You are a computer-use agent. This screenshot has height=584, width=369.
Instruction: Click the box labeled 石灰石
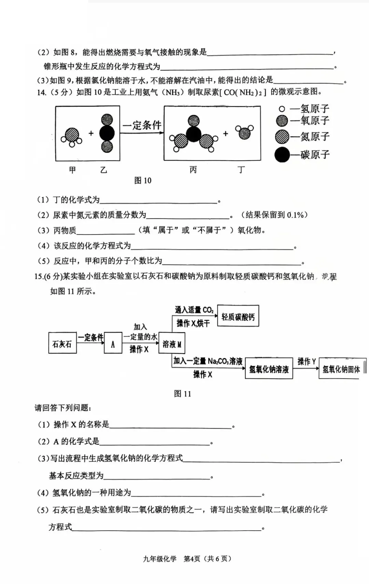click(62, 343)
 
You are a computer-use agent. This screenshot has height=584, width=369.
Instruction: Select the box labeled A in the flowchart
click(113, 343)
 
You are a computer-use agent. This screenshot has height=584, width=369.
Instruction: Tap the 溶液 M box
click(172, 344)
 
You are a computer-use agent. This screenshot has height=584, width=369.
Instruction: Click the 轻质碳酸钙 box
click(238, 316)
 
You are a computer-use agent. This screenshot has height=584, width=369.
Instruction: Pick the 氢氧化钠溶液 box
click(269, 369)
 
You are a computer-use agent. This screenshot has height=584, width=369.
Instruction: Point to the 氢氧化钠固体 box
click(341, 369)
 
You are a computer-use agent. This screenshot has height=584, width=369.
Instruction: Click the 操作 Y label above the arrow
click(306, 361)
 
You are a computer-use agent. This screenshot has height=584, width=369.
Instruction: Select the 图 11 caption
click(182, 393)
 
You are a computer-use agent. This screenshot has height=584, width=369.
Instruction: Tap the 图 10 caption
click(142, 180)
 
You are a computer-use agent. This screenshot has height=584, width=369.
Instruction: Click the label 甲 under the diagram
click(72, 170)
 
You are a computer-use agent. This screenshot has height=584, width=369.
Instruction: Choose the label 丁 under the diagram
click(241, 170)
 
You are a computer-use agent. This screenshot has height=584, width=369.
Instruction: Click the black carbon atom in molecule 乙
click(107, 133)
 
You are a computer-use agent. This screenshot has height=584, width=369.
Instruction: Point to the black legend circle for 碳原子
click(282, 155)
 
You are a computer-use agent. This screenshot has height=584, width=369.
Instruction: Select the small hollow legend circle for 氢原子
click(282, 109)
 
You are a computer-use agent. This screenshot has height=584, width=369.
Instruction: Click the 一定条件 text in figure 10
click(142, 125)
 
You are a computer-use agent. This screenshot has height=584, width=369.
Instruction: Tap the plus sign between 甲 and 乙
click(91, 133)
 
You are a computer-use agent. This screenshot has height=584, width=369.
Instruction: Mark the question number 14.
click(41, 92)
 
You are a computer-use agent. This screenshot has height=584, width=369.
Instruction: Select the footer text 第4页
click(192, 558)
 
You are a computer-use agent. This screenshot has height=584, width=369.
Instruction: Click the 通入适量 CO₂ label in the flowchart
click(194, 310)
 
